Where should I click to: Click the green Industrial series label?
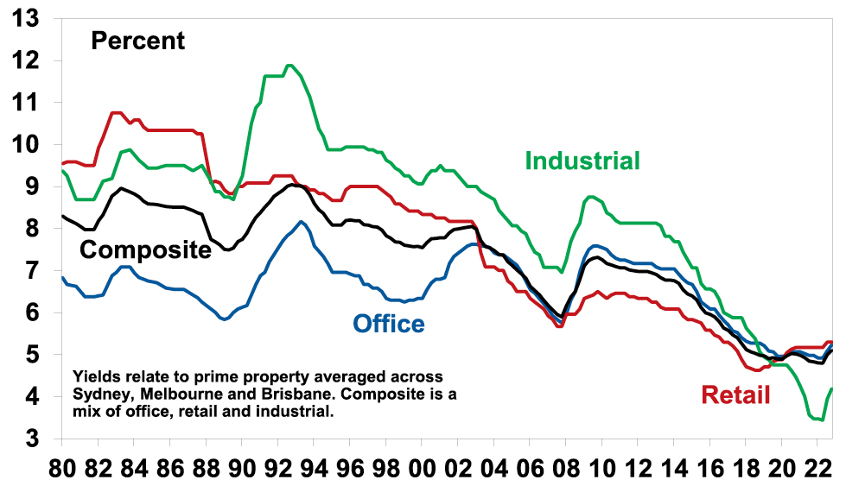(582, 161)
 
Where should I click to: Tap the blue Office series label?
(388, 324)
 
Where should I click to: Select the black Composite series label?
(145, 250)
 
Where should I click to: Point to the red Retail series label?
(735, 395)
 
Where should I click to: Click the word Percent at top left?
(138, 41)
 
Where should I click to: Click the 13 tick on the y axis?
(25, 18)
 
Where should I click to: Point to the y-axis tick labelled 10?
(25, 144)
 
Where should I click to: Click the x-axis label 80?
(61, 467)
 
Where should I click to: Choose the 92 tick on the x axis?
(277, 467)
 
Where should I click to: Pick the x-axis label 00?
(422, 467)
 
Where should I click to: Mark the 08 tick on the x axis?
(565, 467)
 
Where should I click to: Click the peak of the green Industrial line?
(290, 65)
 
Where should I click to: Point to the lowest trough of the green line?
(821, 420)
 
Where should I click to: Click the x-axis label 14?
(673, 467)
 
